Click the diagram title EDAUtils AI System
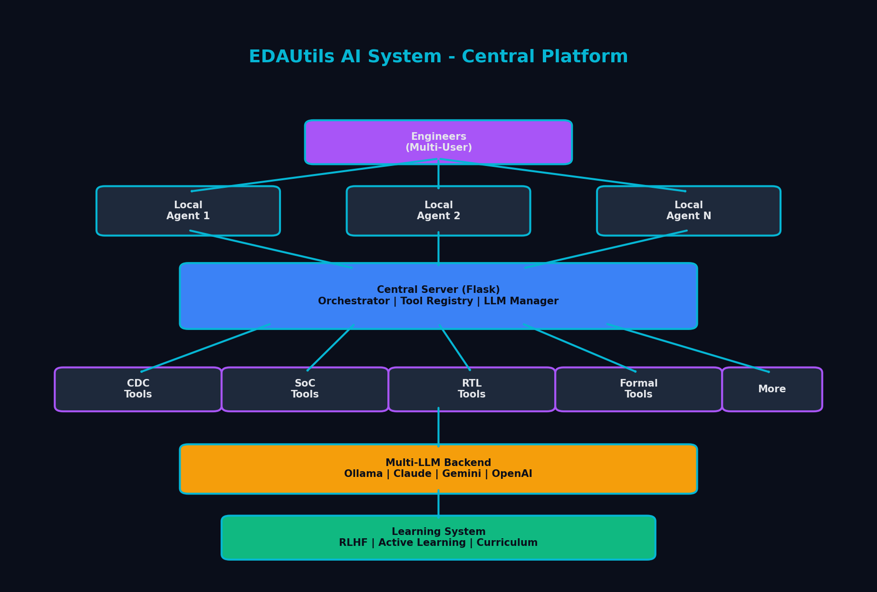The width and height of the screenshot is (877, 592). (x=438, y=57)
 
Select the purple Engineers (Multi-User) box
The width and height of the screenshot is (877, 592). (x=438, y=142)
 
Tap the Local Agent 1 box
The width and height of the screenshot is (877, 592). (x=188, y=211)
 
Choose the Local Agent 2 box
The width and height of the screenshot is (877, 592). (x=438, y=211)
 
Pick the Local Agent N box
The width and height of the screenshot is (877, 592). (x=688, y=211)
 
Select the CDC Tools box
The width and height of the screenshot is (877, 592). (x=138, y=389)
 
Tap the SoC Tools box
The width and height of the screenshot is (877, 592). (x=305, y=389)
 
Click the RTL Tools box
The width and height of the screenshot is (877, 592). (x=472, y=389)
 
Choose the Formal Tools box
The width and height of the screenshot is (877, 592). (x=638, y=389)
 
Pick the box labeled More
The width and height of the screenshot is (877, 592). (x=771, y=389)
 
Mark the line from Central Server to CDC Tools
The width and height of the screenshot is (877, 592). (x=205, y=348)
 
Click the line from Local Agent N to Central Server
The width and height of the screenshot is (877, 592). (x=606, y=249)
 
